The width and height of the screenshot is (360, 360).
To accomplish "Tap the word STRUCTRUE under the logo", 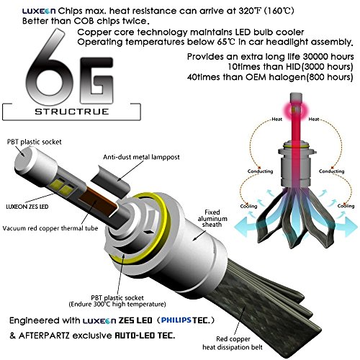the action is coord(72,112).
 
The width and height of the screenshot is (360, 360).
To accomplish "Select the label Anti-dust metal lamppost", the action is coord(141,157).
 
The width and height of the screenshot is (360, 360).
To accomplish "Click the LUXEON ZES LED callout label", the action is coord(27,207).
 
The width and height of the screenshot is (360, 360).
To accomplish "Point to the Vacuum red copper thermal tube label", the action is coord(50,228).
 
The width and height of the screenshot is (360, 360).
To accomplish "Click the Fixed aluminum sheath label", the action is coord(212,218).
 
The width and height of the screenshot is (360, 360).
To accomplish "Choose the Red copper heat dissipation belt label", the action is coord(233,343).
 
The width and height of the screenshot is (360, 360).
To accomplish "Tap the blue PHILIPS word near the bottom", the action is coord(176,320).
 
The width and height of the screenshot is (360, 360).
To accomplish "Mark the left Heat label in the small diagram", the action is coord(276,120).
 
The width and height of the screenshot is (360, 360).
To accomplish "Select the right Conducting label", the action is coord(331,171).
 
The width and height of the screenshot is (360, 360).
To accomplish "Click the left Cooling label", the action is coord(248,206).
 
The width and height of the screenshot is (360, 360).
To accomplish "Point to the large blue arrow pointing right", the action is coord(346,227).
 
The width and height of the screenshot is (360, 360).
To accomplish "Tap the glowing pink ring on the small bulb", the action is coord(296,110).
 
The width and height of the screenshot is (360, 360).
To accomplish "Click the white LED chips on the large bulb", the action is coord(61,187).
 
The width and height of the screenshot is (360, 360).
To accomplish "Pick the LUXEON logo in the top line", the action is coord(39,11).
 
